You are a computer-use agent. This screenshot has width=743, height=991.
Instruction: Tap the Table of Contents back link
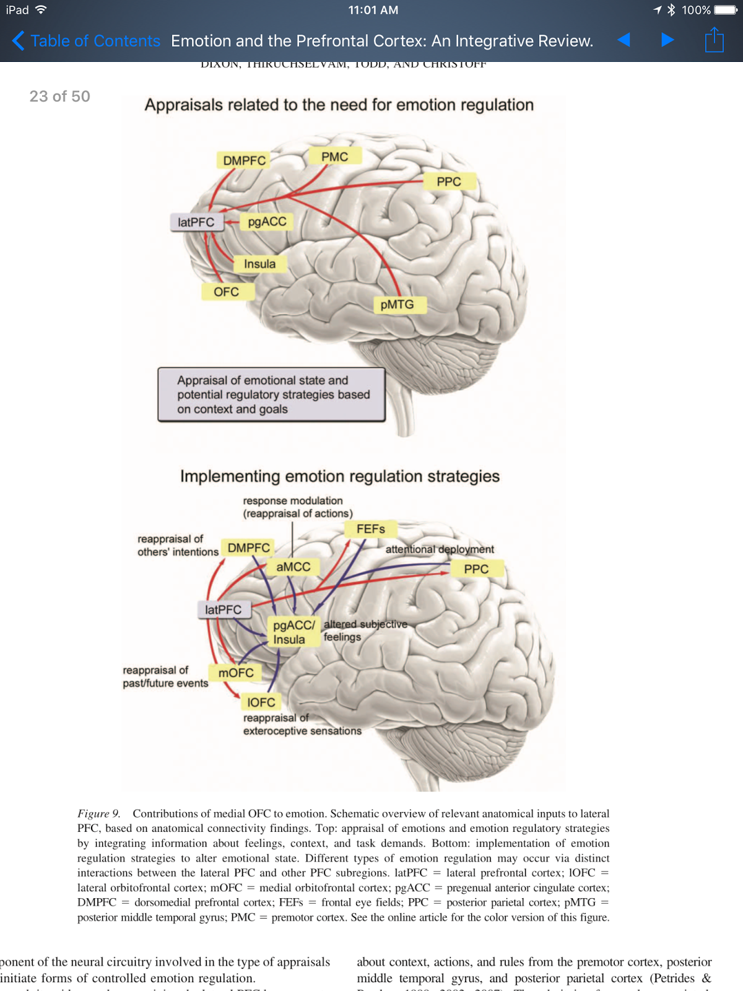click(x=87, y=41)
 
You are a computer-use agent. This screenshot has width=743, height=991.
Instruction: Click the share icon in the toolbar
click(x=714, y=40)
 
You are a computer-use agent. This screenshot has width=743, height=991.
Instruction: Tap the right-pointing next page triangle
click(x=667, y=40)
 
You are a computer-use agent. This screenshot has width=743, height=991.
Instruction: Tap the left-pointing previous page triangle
click(x=624, y=40)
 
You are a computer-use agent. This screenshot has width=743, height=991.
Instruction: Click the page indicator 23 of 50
click(x=59, y=96)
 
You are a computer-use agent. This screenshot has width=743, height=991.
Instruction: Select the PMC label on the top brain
click(x=334, y=157)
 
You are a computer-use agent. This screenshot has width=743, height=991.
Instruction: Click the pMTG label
click(x=397, y=304)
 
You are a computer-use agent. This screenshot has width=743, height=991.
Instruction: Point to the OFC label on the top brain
click(x=226, y=292)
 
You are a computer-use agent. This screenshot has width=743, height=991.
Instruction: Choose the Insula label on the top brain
click(x=259, y=264)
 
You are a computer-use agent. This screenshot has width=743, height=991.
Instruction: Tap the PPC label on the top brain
click(x=449, y=181)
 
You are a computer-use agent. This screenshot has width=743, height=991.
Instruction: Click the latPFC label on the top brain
click(x=196, y=222)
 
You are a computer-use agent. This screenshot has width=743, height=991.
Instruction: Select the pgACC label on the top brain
click(x=267, y=222)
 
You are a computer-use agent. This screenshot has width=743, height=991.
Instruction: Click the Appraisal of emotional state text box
click(x=271, y=395)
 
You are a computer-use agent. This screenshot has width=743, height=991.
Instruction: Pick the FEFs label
click(x=370, y=529)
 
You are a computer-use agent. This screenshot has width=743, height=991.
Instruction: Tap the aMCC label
click(x=293, y=567)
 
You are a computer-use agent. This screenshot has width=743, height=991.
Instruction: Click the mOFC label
click(x=236, y=673)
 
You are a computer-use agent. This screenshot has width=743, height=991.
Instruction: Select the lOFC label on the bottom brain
click(x=261, y=702)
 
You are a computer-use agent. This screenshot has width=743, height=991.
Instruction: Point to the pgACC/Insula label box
click(x=293, y=632)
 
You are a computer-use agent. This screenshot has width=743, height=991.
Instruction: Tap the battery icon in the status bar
click(x=726, y=10)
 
